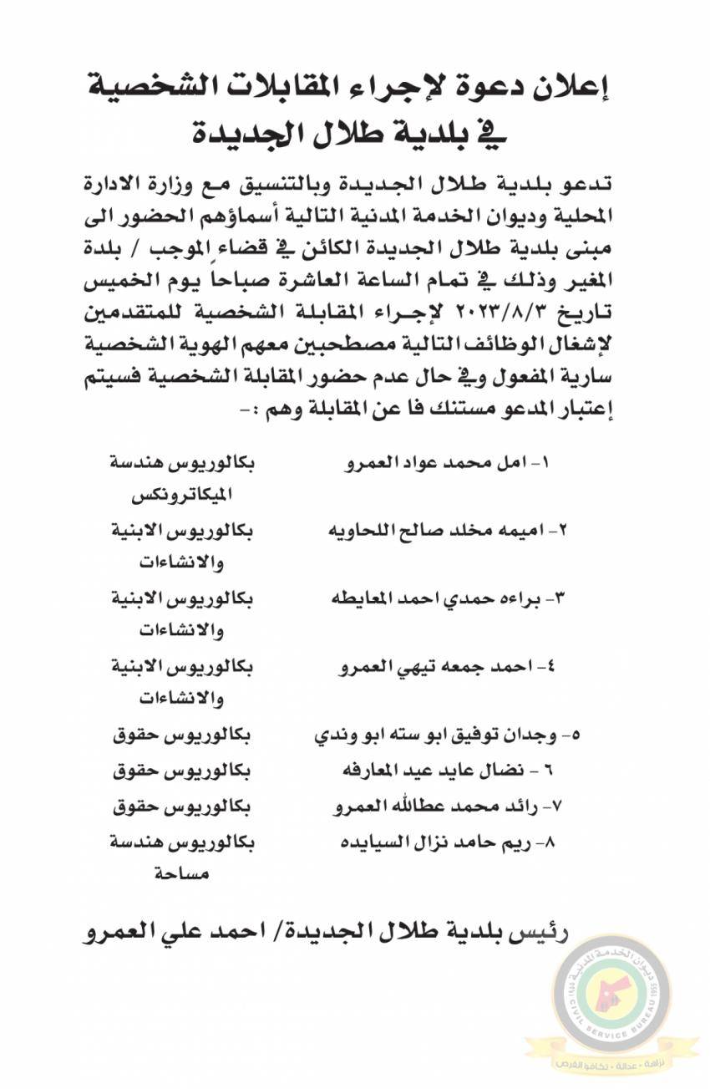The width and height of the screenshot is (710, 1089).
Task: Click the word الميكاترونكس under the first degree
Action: [183, 494]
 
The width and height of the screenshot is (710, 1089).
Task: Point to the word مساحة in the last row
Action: [183, 874]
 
